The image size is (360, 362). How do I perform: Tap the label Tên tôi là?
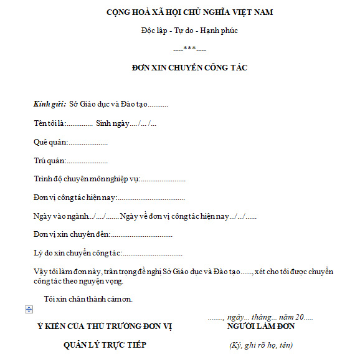point(50,123)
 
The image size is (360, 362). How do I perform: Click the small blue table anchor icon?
point(29,310)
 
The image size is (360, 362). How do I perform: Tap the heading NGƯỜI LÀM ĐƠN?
point(261,326)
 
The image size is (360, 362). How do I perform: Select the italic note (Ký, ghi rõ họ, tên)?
point(261,345)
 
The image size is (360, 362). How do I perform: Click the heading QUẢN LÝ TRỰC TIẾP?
point(105,345)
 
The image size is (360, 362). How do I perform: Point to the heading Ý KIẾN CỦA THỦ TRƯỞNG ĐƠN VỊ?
point(104,326)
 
